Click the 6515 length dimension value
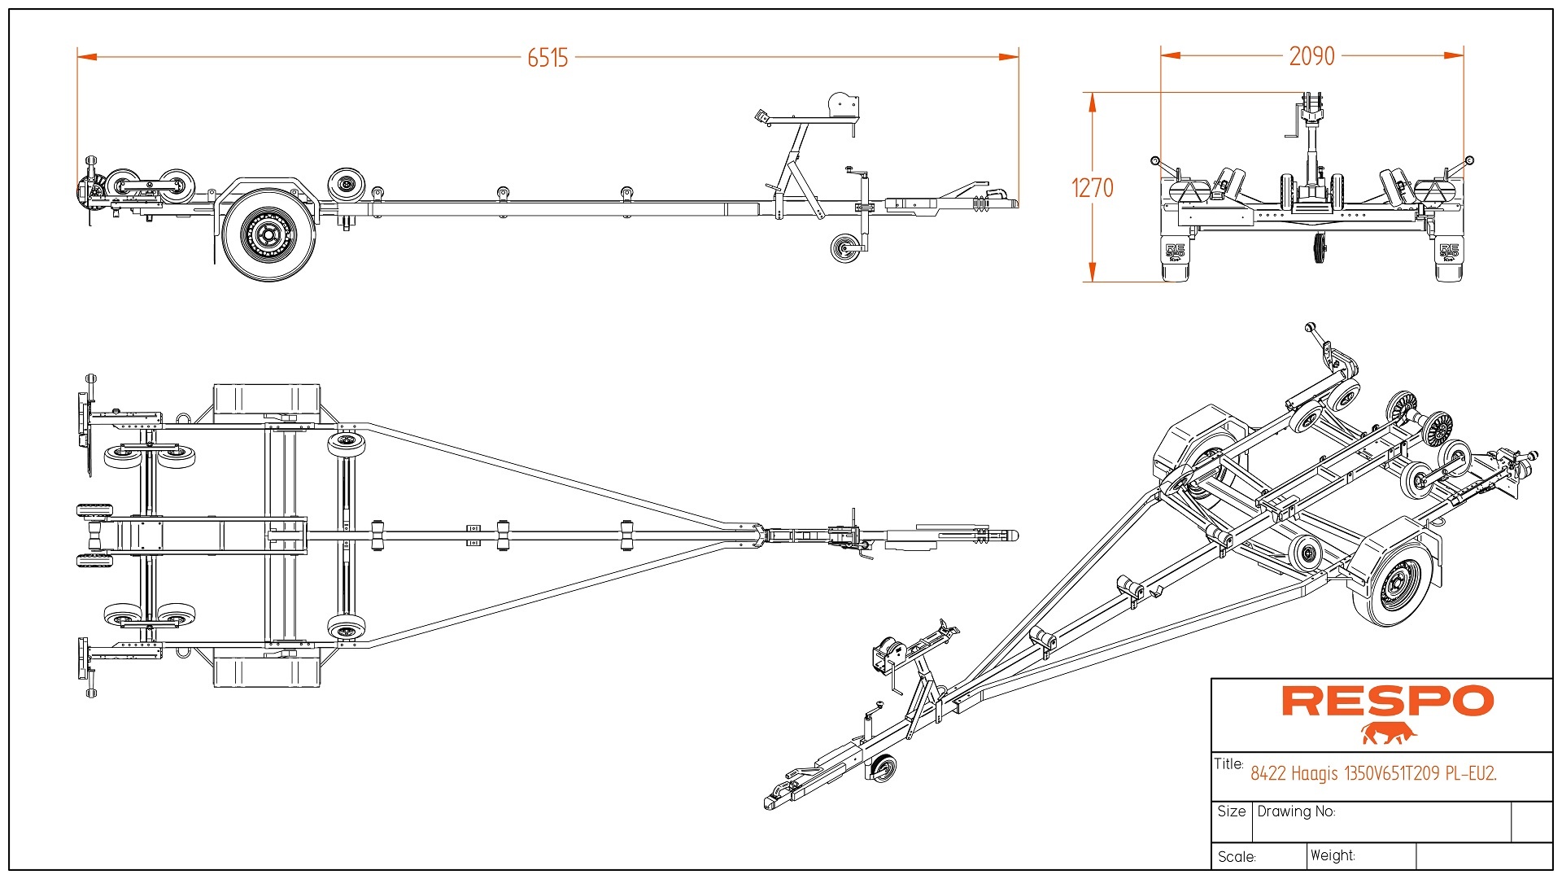(x=548, y=58)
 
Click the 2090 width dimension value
(x=1311, y=56)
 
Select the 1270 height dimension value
(x=1092, y=188)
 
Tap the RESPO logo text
(x=1388, y=702)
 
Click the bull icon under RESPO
(x=1389, y=733)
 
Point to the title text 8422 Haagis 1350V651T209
(x=1373, y=773)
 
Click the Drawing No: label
(x=1296, y=811)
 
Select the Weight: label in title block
(x=1333, y=855)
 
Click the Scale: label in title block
(x=1237, y=857)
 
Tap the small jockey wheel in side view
(x=845, y=248)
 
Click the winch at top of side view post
(x=843, y=106)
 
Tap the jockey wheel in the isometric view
(x=882, y=768)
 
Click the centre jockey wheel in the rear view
(x=1318, y=248)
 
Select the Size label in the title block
(x=1231, y=811)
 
